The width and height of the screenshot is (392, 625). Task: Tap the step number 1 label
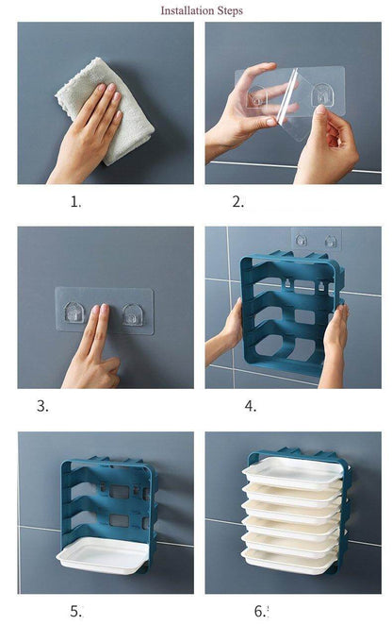point(75,202)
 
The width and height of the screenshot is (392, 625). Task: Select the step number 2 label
point(238,202)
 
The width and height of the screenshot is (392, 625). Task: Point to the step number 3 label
point(42,406)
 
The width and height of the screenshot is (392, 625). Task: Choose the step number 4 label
point(251,406)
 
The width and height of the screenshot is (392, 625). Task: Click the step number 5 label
point(76,611)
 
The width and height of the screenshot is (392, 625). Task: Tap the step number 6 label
point(261,611)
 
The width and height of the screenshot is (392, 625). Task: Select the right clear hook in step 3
point(133,314)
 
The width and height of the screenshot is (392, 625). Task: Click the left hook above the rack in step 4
point(302,240)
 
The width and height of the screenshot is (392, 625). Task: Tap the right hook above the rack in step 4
point(330,241)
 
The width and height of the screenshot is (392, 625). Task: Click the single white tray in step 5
point(104,555)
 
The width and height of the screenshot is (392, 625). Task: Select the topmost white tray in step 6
point(292,472)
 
